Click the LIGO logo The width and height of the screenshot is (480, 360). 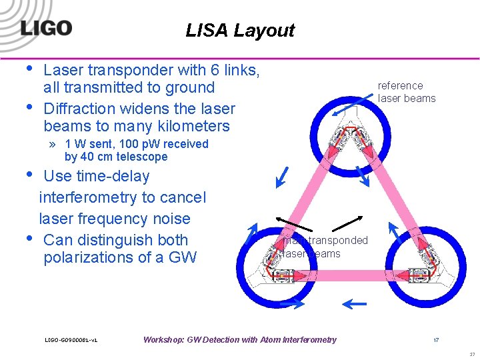click(45, 28)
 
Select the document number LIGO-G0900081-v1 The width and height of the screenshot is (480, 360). click(71, 340)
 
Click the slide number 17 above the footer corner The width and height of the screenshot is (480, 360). click(436, 340)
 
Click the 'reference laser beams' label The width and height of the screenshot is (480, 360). click(406, 92)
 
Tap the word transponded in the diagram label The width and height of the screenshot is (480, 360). click(336, 240)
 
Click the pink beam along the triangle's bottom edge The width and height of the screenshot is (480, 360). click(345, 275)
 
